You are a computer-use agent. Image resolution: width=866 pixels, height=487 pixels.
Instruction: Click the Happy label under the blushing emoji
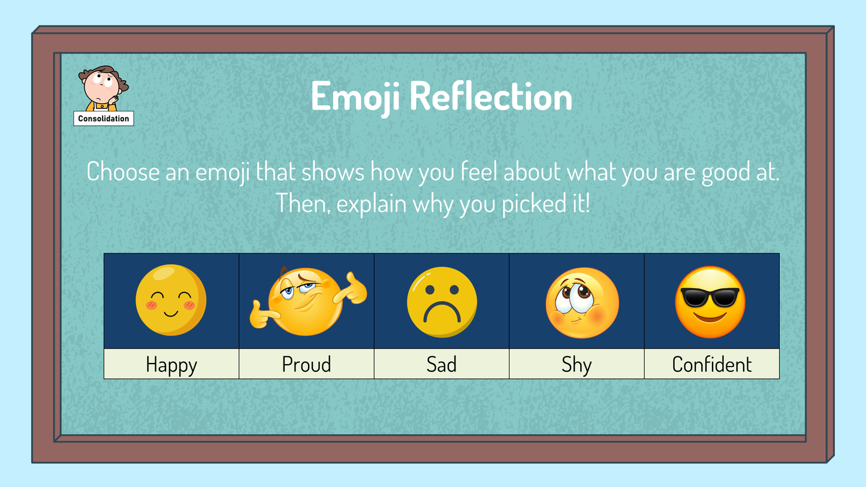click(171, 364)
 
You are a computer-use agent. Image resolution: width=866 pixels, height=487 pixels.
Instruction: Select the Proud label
click(306, 364)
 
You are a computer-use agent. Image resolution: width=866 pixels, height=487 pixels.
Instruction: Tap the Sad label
click(442, 364)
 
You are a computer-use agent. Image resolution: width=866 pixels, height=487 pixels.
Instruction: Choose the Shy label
click(577, 364)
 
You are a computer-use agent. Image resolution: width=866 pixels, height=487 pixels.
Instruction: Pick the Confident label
click(712, 364)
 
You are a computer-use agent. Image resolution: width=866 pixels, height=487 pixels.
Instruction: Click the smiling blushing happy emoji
click(171, 300)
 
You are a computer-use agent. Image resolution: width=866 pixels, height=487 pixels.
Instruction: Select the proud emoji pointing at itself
click(308, 301)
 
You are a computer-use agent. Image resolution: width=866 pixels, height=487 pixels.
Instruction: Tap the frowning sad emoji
click(442, 302)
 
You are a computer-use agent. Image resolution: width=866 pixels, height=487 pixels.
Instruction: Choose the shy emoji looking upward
click(583, 303)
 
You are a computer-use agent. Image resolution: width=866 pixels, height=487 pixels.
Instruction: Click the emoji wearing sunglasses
click(710, 303)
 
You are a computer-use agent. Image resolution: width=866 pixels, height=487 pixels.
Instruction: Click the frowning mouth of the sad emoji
click(442, 311)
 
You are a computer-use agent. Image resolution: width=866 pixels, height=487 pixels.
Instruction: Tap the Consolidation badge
click(104, 118)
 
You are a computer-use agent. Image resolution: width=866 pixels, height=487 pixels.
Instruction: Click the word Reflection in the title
click(491, 96)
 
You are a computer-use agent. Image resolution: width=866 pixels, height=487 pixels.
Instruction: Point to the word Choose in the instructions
click(123, 171)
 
